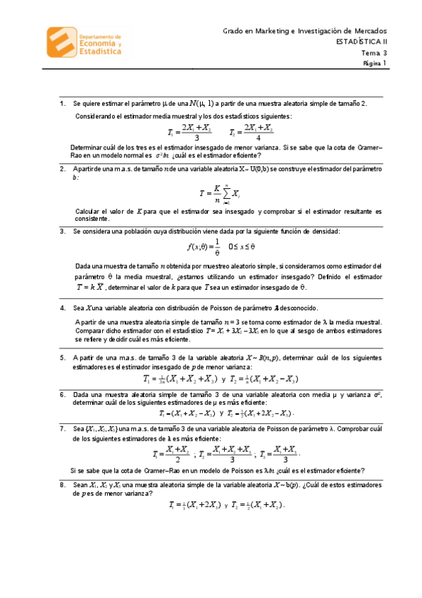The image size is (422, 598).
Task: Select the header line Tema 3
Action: (375, 52)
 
